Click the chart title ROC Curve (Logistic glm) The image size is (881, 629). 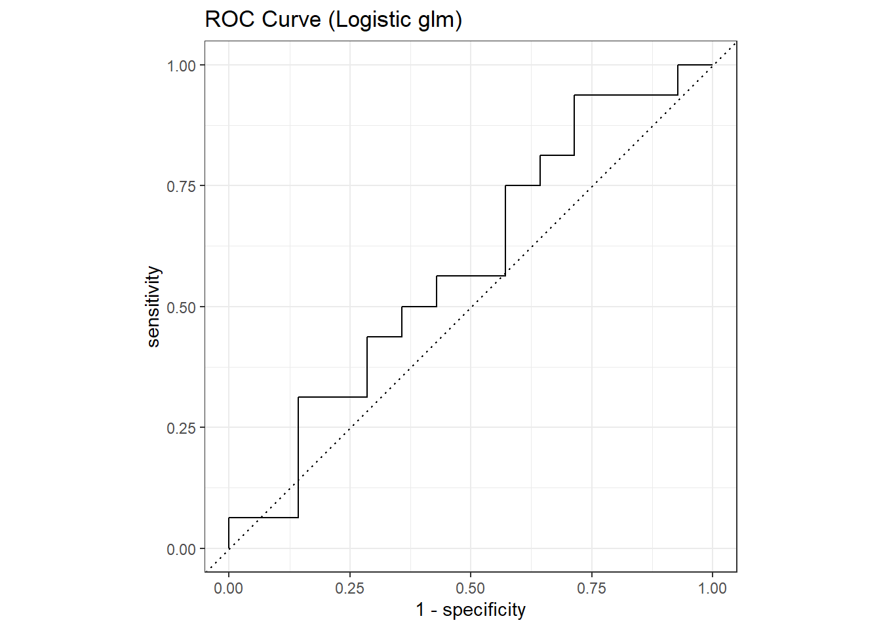click(x=333, y=20)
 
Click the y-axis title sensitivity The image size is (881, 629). click(x=153, y=306)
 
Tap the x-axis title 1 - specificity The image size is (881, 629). click(x=470, y=610)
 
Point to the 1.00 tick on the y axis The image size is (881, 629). click(x=182, y=66)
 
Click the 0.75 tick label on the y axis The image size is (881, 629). click(x=182, y=186)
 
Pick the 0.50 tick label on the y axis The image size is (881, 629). click(x=182, y=307)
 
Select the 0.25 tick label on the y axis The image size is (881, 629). click(x=182, y=428)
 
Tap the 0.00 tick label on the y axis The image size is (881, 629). click(x=182, y=549)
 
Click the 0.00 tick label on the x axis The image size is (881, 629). click(x=228, y=588)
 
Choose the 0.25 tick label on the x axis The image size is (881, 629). click(x=349, y=588)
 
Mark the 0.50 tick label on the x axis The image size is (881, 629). click(x=470, y=588)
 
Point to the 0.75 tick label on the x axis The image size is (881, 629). click(x=591, y=588)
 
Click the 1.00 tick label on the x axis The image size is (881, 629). click(x=712, y=588)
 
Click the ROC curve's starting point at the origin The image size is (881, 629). click(x=229, y=548)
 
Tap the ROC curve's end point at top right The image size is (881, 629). click(x=712, y=65)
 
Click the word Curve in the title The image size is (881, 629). click(x=292, y=20)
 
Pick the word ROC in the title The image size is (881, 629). click(x=231, y=20)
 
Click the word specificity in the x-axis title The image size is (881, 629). click(x=484, y=610)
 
